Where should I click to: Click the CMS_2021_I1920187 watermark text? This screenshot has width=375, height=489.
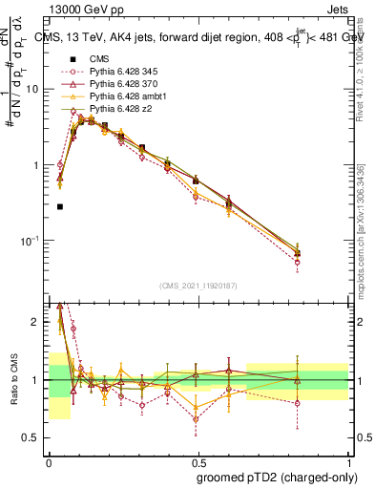pyautogui.click(x=198, y=286)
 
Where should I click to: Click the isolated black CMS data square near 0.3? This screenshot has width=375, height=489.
pyautogui.click(x=60, y=206)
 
